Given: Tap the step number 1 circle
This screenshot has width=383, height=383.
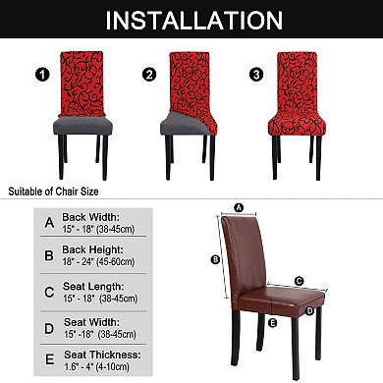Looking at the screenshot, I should [40, 74].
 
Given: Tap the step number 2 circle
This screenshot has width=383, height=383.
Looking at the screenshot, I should [150, 74].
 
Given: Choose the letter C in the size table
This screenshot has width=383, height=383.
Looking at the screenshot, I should [48, 291].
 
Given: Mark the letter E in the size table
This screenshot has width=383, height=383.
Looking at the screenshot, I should [48, 358].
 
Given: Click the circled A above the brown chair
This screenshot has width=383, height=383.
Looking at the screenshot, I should [239, 206].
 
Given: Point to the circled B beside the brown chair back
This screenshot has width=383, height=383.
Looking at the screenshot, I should [215, 259].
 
